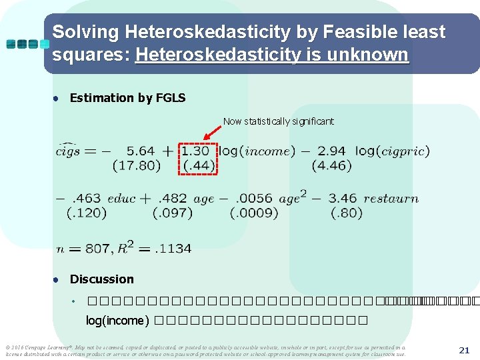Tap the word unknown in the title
[371, 54]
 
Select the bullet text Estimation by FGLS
[127, 98]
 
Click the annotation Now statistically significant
[278, 121]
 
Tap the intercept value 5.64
[141, 151]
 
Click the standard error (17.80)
[137, 165]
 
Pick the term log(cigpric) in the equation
[392, 151]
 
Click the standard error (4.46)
[331, 165]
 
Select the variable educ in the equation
[121, 199]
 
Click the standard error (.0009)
[254, 213]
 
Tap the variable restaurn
[391, 199]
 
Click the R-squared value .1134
[173, 248]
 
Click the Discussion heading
[101, 279]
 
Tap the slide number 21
[464, 350]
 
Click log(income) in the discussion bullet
[117, 321]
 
